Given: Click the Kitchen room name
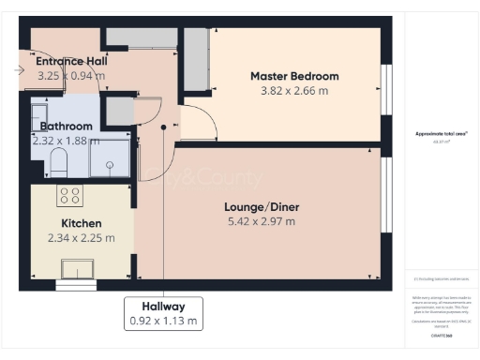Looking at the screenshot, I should tap(82, 223).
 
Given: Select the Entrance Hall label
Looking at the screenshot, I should tap(71, 60).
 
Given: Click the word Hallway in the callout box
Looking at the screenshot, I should tap(163, 306).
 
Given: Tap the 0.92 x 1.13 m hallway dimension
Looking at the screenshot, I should tap(163, 321).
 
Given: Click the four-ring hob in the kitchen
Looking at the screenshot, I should tap(69, 195).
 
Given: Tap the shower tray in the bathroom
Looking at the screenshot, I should tap(111, 159).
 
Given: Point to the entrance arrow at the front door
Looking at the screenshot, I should tap(22, 69).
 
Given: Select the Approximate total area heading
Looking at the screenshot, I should tap(441, 134).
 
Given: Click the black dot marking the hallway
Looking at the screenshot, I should tap(163, 127).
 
